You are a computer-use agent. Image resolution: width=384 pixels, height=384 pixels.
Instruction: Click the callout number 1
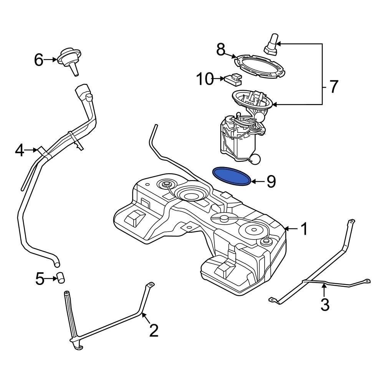point(304,229)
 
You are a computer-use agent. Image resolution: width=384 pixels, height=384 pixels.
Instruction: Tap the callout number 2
point(154,330)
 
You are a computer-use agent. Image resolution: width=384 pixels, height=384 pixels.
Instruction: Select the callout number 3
point(325,304)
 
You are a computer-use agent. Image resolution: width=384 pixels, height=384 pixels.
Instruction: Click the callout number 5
point(40,279)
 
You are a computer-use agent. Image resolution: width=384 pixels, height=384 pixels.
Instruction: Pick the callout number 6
point(39,60)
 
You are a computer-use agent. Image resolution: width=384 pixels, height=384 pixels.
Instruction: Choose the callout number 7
point(333,87)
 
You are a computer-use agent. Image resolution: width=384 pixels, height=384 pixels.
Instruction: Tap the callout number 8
point(220,50)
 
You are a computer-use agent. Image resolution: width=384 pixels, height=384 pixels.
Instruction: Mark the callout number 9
point(271,181)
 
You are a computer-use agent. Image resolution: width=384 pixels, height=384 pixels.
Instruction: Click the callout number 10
point(204,79)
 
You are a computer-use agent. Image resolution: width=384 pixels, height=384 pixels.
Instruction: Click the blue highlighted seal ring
point(232,176)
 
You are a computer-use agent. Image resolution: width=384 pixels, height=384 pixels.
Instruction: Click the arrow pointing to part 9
point(258,181)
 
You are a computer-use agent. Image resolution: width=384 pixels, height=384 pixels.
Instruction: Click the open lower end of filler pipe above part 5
point(57,264)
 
